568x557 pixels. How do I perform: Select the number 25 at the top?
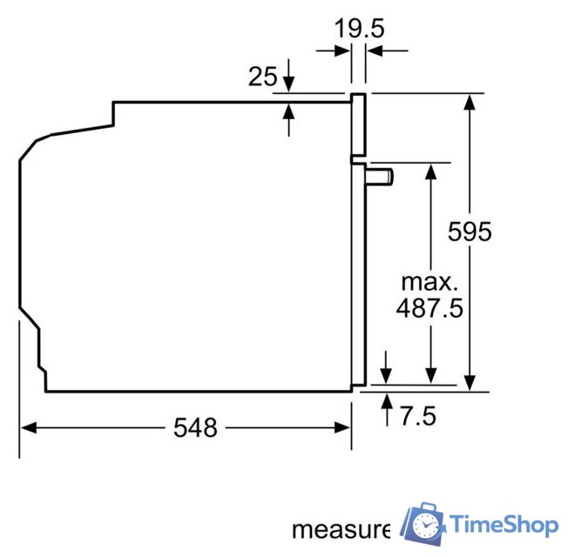262,77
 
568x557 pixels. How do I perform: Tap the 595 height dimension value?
470,232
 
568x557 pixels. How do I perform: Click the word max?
429,282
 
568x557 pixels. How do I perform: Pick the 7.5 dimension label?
417,416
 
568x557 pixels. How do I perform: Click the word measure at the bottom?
341,528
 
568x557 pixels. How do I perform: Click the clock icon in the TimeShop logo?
426,525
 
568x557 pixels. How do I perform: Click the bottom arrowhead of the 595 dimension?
470,383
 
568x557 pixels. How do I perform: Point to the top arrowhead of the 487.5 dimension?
429,170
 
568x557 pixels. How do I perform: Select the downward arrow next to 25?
289,85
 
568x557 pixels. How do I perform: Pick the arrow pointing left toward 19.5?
373,51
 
